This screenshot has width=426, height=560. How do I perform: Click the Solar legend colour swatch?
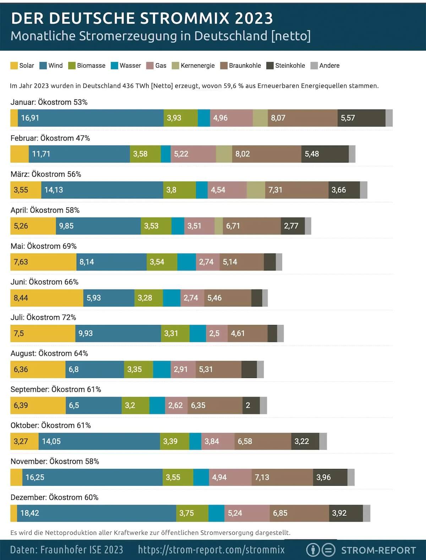click(14, 66)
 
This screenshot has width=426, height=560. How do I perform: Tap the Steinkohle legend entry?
click(286, 66)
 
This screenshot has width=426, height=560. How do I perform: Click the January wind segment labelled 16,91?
click(91, 118)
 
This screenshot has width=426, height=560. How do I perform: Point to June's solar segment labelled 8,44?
click(47, 298)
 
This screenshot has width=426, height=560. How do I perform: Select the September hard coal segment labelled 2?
click(251, 406)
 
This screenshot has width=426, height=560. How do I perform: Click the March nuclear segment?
click(256, 190)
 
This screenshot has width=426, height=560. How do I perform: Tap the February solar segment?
click(20, 154)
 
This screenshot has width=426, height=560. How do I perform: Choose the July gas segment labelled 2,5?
click(217, 334)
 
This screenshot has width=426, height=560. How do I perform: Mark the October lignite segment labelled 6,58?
click(263, 442)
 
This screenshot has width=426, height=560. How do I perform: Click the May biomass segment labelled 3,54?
click(162, 262)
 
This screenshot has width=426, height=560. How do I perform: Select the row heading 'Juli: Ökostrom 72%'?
click(43, 317)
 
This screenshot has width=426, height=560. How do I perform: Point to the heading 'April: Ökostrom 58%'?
click(45, 210)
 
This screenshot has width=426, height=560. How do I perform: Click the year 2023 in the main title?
click(248, 18)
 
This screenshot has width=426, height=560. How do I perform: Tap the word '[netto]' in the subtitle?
click(291, 36)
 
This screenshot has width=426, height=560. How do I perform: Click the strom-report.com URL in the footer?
click(211, 550)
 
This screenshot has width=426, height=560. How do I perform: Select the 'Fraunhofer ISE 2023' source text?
click(82, 550)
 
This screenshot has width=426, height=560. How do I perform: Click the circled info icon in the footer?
click(313, 550)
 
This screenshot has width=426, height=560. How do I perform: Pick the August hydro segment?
click(162, 369)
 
